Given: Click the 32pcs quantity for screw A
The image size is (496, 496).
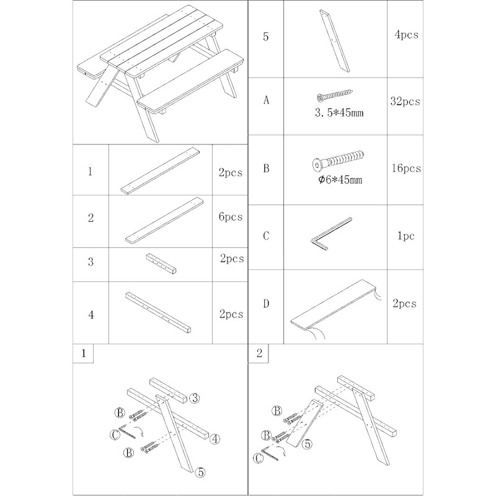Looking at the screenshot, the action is (405, 101).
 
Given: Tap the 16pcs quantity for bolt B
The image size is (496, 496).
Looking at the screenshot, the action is (406, 168).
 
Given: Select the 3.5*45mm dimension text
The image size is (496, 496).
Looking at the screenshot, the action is (339, 113).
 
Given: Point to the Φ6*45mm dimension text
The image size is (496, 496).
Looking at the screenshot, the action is (340, 180).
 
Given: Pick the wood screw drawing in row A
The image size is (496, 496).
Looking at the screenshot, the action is (334, 95).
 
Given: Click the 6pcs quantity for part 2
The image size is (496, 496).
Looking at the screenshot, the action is (230, 216).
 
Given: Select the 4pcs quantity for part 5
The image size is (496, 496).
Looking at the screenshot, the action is (406, 34).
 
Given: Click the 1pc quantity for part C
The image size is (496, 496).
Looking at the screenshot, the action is (406, 236).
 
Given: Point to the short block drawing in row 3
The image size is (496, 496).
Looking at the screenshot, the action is (161, 263).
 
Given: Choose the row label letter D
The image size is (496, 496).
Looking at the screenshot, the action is (266, 304).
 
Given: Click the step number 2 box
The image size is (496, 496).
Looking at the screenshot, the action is (259, 353).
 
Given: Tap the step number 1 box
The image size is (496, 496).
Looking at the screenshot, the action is (83, 353).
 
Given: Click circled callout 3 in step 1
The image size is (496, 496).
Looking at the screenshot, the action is (195, 397).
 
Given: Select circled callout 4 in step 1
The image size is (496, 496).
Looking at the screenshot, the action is (215, 439).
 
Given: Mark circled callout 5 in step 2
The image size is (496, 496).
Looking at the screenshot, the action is (306, 444).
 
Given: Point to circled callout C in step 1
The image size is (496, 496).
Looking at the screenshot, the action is (115, 435).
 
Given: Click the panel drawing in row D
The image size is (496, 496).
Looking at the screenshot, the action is (336, 308).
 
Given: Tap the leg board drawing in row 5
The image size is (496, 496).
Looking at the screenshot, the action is (335, 41).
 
